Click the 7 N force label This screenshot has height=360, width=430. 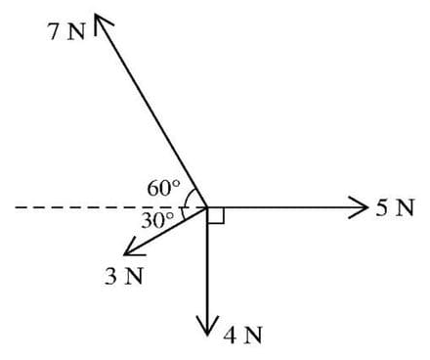pos(67,30)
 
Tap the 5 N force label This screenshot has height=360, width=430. pos(397,207)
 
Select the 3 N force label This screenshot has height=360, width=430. pos(123,275)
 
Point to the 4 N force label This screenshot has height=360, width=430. pos(241,336)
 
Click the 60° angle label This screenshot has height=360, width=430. pos(163,186)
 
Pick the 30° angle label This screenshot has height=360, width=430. pos(157,220)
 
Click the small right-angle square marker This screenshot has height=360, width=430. pos(216,215)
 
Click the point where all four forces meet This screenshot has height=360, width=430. pos(208,207)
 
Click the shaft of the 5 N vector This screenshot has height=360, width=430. pos(283,207)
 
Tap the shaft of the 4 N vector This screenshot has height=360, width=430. pos(208,269)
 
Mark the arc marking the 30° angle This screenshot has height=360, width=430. pos(182,214)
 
